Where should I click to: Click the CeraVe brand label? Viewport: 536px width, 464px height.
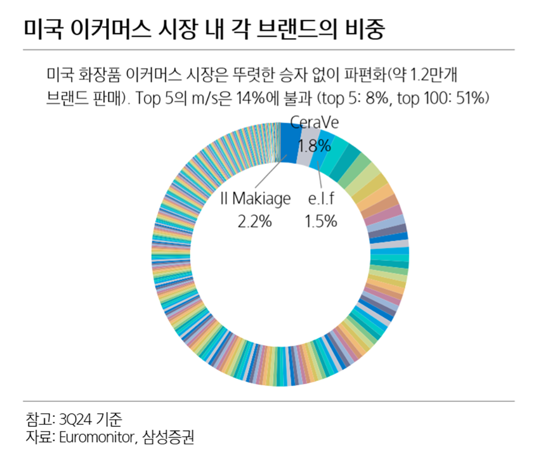[315, 123]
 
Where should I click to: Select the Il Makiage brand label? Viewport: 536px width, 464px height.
[255, 199]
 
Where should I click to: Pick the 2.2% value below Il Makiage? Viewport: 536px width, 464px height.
[255, 221]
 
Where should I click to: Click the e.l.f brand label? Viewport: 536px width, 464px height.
[321, 199]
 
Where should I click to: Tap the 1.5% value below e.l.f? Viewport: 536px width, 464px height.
[321, 221]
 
